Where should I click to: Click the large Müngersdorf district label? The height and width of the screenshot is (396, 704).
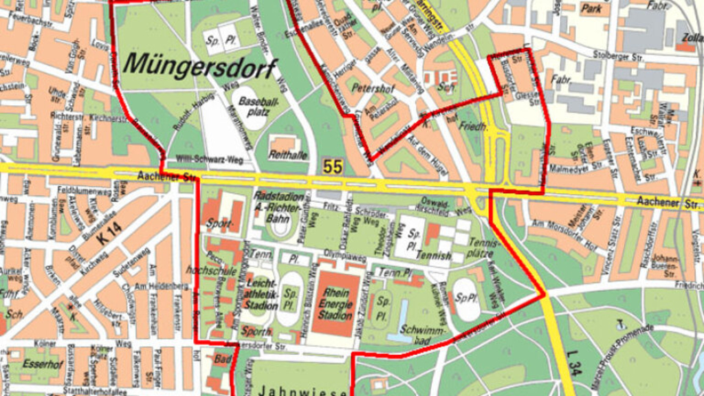pyautogui.click(x=200, y=67)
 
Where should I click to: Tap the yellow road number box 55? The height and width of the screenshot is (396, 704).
pyautogui.click(x=333, y=166)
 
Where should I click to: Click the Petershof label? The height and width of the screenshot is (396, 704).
pyautogui.click(x=371, y=89)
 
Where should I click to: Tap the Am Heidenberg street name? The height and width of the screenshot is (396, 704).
pyautogui.click(x=144, y=286)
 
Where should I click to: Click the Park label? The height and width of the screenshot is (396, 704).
pyautogui.click(x=591, y=9)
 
